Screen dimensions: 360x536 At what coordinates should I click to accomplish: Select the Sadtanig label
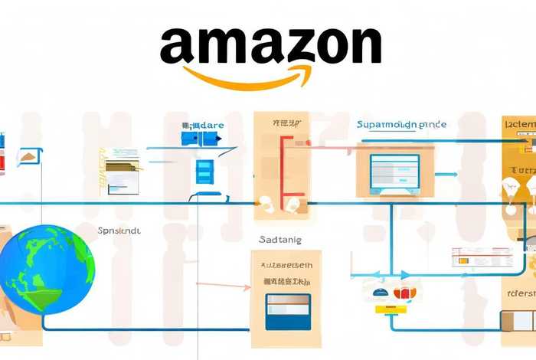[281, 240]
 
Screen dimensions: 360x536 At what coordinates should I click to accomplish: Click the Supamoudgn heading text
[401, 124]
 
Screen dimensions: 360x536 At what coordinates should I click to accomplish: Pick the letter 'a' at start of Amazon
[176, 47]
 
